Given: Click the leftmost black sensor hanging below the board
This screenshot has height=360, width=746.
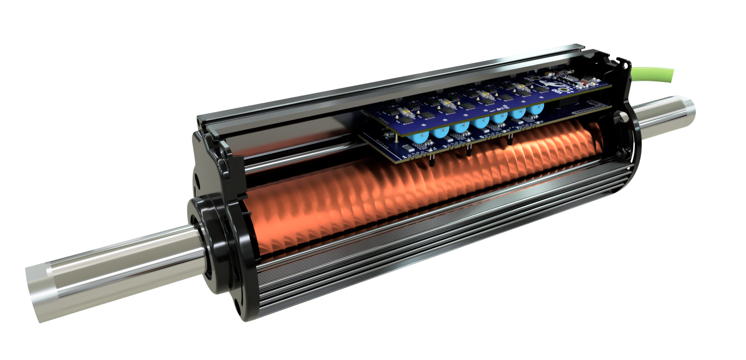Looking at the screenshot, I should [431, 162].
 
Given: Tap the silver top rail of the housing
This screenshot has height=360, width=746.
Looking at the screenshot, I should [393, 88].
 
